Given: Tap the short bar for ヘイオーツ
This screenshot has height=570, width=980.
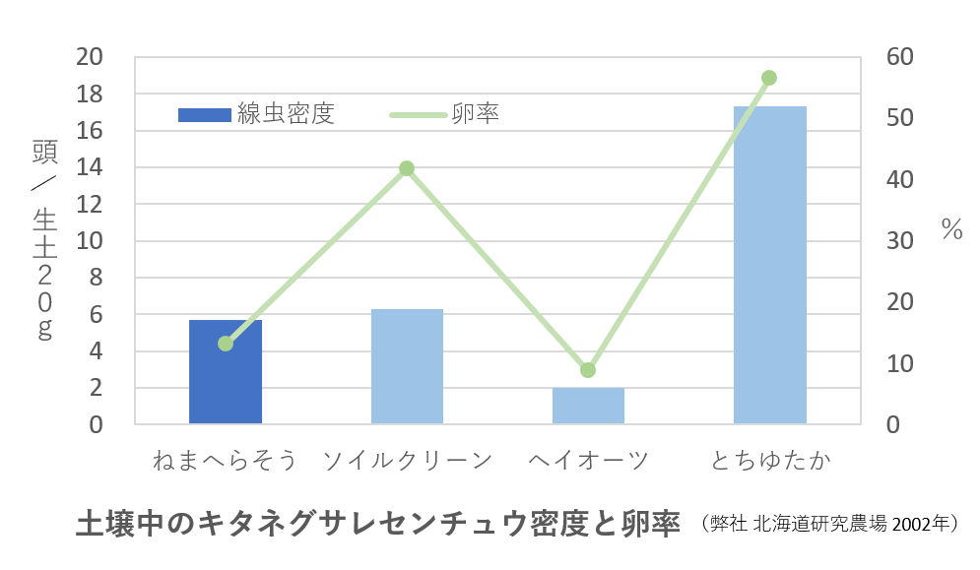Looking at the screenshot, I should pos(588,406).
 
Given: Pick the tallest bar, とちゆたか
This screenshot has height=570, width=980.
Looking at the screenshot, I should pos(770,266).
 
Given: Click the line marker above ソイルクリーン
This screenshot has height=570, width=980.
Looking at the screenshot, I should pos(407,168).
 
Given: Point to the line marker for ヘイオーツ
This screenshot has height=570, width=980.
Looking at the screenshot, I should pos(588,370).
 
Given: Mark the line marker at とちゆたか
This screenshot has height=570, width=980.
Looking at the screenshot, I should pos(769,78).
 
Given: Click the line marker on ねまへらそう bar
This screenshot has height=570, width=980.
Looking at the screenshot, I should pos(226,344).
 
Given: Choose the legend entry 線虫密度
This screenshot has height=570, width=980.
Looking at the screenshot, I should pos(256,114).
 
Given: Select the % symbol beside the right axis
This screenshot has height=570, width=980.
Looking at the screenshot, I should pos(950,230).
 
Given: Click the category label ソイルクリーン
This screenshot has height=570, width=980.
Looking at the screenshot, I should pos(407,461).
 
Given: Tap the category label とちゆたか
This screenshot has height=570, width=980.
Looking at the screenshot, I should pos(770,461).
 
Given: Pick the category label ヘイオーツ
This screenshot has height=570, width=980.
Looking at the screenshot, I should pos(588,461).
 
